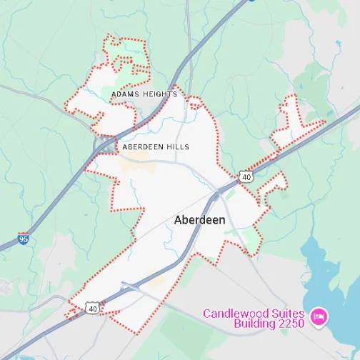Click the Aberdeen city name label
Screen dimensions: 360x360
[199, 220]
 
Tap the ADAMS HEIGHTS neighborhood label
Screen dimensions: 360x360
[144, 94]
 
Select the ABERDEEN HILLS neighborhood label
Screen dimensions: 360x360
[156, 146]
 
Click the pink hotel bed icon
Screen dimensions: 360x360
[319, 315]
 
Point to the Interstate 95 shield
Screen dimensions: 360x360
[24, 239]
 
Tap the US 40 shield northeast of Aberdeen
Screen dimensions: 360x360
[246, 176]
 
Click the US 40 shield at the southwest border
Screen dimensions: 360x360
[91, 307]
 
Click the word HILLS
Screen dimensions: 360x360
[178, 146]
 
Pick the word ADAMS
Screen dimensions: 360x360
[124, 94]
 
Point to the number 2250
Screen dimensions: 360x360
[290, 324]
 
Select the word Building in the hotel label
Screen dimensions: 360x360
[256, 324]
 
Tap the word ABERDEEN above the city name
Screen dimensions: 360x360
[144, 146]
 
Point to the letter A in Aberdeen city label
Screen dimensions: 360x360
[179, 220]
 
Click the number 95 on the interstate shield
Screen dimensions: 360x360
[24, 240]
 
